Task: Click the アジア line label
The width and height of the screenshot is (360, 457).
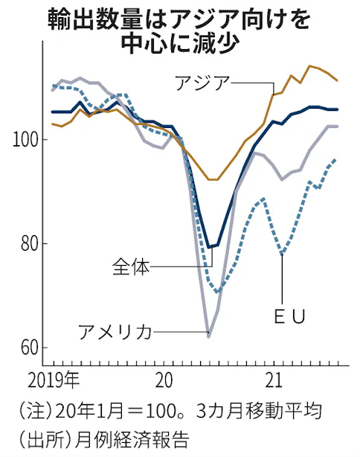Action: coord(202,83)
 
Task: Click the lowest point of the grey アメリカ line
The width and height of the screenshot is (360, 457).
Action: coord(208,337)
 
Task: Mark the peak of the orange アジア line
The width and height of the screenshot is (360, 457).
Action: coord(310,66)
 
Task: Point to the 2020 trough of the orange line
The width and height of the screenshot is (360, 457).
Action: coord(213,179)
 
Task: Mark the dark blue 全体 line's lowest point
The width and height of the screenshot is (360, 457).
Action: coord(209,247)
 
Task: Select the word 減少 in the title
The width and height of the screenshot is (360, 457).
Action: coord(223,42)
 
